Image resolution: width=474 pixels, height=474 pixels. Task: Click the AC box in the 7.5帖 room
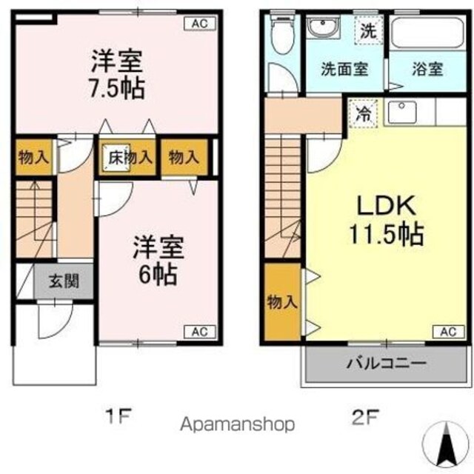(200, 24)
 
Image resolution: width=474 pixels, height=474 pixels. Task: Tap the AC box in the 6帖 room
(200, 332)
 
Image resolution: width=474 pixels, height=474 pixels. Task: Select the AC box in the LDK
(449, 332)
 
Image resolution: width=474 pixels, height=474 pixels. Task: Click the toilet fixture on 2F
(283, 34)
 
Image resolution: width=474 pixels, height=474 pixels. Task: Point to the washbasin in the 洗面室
(323, 27)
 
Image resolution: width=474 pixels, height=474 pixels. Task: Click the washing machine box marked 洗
(369, 30)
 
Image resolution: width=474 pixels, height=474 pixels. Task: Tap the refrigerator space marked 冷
(363, 113)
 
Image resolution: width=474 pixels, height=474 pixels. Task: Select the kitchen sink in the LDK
(402, 112)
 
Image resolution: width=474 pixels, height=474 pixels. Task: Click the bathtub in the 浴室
(428, 33)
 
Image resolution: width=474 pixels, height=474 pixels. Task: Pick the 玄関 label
(64, 281)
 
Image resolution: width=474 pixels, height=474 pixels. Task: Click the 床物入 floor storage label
(130, 157)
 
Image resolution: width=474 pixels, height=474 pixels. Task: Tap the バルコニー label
(387, 363)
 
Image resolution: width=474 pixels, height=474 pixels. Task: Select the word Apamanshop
(237, 424)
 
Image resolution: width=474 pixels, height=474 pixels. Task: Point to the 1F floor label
(118, 416)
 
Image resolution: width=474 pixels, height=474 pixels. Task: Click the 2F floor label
(365, 416)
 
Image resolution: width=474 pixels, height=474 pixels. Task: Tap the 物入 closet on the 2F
(282, 302)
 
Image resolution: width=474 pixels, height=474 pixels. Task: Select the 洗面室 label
(344, 69)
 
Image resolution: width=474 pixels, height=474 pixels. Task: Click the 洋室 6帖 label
(158, 260)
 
